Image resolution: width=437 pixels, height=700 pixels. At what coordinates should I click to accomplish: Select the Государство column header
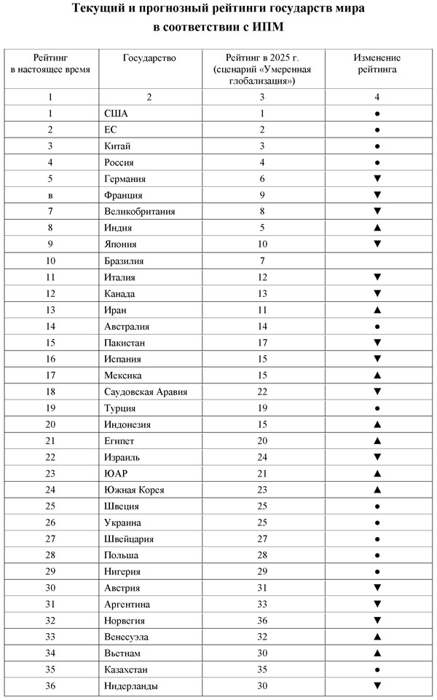coord(149,57)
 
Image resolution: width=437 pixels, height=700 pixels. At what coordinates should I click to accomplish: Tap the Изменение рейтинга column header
coord(377,63)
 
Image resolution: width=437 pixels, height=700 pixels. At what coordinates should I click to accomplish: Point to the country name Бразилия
coord(124,260)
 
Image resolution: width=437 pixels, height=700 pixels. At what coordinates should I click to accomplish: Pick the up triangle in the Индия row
coord(377,228)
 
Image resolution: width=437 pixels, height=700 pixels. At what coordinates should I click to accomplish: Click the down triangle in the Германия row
coord(377,179)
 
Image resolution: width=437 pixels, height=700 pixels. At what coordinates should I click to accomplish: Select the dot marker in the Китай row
coord(377,146)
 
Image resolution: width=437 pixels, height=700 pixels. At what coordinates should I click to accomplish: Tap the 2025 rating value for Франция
coord(262,195)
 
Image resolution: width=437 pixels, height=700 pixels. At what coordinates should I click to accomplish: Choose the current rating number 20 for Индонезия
coord(50,424)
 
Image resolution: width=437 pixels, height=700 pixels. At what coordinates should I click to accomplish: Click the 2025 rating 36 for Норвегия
coord(262,621)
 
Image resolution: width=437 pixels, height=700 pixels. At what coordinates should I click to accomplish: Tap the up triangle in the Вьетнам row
coord(377,653)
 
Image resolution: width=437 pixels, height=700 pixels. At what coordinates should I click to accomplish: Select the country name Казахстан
coord(127,669)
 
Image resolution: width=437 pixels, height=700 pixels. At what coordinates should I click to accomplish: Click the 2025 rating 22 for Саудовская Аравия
coord(262,391)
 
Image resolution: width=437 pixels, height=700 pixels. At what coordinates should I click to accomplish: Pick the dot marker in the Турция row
coord(377,408)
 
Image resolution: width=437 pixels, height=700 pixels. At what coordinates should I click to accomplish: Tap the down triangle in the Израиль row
coord(377,457)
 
